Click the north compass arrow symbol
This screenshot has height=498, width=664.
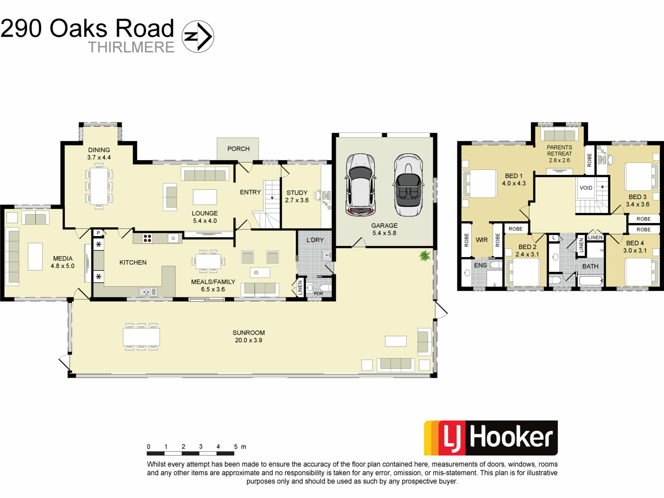point(198,36)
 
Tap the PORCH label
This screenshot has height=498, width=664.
point(238,149)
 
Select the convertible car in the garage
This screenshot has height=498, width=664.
point(408,185)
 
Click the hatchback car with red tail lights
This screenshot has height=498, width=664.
point(360,185)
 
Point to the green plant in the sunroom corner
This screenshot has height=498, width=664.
point(424,256)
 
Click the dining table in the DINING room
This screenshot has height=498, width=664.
point(99,186)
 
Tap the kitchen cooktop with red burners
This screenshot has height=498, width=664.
point(148,238)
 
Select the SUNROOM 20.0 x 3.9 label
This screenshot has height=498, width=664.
point(249,336)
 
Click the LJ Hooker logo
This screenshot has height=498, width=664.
point(491,438)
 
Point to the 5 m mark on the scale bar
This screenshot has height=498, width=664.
point(236,447)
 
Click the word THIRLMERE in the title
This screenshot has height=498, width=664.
point(131,47)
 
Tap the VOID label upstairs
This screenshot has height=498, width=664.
point(586,188)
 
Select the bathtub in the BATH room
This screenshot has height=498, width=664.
point(591,280)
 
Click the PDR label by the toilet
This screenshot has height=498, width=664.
point(318,294)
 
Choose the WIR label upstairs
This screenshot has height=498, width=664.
point(482,240)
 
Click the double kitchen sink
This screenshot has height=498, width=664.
point(148,292)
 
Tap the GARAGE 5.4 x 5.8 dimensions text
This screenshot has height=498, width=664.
point(384,233)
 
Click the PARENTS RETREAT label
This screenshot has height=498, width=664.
point(559,150)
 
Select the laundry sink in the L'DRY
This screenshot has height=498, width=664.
point(326,256)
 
